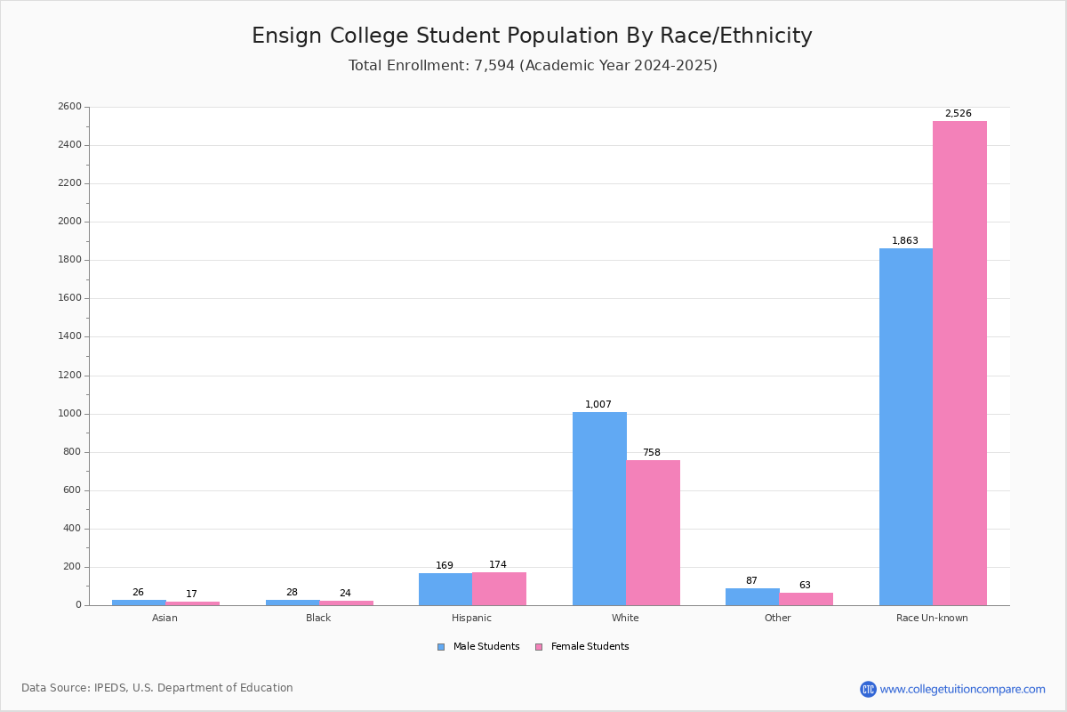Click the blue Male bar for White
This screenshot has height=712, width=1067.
[x=599, y=508]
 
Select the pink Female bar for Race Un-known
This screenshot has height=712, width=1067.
[x=959, y=363]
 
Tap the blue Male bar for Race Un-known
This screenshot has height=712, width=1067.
[x=906, y=426]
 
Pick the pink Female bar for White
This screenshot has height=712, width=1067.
[x=653, y=532]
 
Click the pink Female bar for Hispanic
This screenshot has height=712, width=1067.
[x=499, y=589]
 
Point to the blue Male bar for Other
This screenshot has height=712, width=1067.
[x=752, y=596]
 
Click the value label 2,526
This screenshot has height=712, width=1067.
[x=958, y=114]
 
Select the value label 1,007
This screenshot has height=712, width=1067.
[x=598, y=405]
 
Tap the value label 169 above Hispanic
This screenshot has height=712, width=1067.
[x=445, y=566]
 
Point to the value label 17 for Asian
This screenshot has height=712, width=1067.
[x=191, y=595]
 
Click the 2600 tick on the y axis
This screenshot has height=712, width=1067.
[x=69, y=107]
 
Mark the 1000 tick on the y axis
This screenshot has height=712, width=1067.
[x=69, y=414]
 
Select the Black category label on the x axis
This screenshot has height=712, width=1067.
[x=318, y=618]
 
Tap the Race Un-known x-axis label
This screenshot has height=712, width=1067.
[x=932, y=618]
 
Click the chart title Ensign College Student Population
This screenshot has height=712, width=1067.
[x=532, y=36]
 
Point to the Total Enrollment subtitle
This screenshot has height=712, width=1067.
[x=533, y=66]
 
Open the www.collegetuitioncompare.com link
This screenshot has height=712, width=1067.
[x=962, y=689]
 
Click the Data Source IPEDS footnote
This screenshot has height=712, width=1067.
[x=157, y=688]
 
